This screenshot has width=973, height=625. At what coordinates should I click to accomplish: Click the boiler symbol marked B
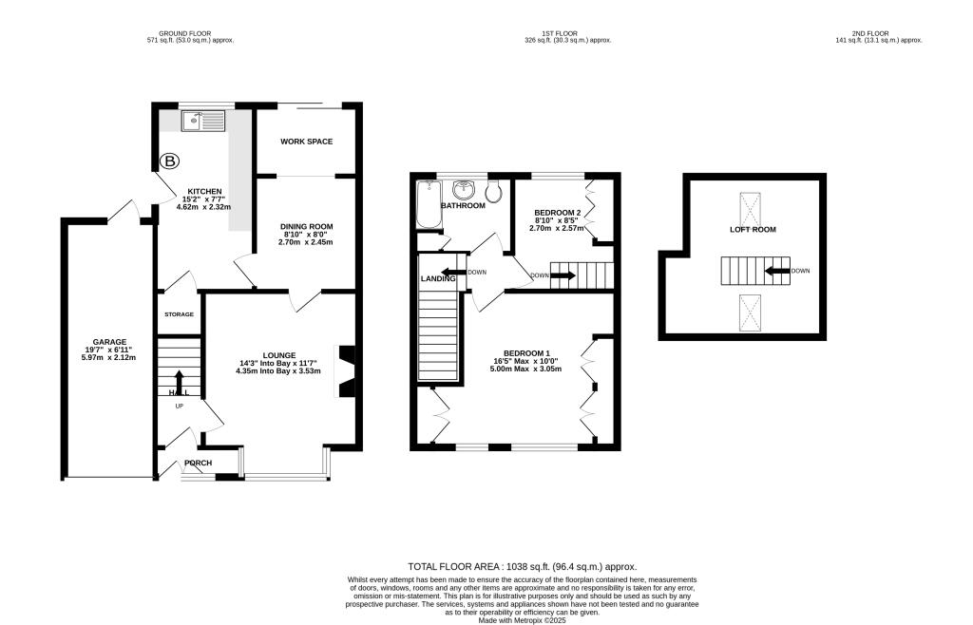[170, 162]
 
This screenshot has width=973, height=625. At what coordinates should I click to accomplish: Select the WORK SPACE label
[306, 142]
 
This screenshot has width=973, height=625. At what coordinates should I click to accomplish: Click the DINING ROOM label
[306, 226]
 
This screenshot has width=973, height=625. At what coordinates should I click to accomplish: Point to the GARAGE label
[109, 342]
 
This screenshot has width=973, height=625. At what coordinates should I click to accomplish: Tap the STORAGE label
[178, 314]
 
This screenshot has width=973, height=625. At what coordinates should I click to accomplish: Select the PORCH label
[198, 464]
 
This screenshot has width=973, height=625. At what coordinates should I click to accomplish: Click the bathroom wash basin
[464, 188]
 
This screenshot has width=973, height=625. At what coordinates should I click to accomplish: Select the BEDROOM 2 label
[557, 212]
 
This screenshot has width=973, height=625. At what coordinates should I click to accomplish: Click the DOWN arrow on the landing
[454, 272]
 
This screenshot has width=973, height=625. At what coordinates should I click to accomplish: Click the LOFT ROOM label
[753, 230]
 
